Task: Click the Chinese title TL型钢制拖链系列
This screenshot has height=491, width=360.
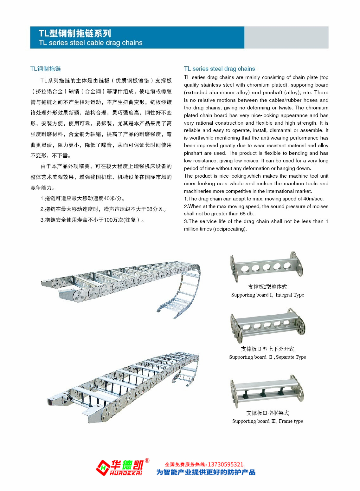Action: pos(75,34)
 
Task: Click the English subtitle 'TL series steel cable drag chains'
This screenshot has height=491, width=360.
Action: pos(90,43)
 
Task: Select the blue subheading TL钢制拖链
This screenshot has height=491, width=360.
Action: pos(46,69)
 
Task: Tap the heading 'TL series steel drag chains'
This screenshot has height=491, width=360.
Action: pos(219,69)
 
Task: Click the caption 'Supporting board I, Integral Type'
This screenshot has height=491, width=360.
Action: pos(267,295)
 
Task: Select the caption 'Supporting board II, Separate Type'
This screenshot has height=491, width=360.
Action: pos(267,357)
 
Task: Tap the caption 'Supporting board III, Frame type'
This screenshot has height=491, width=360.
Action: pos(267,421)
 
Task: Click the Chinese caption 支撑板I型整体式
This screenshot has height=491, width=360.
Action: pos(267,287)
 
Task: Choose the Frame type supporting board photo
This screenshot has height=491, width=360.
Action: pos(267,390)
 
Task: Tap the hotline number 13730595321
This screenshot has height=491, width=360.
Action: pos(225,464)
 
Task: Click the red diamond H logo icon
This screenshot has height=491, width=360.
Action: pos(103,468)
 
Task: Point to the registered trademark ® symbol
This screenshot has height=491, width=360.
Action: pos(147,461)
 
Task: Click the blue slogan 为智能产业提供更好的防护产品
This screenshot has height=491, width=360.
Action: pos(206,472)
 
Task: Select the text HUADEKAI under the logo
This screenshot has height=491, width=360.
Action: pos(126,473)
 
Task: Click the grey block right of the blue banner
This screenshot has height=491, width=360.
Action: pos(286,37)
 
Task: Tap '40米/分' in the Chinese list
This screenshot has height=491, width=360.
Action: pos(113,199)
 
